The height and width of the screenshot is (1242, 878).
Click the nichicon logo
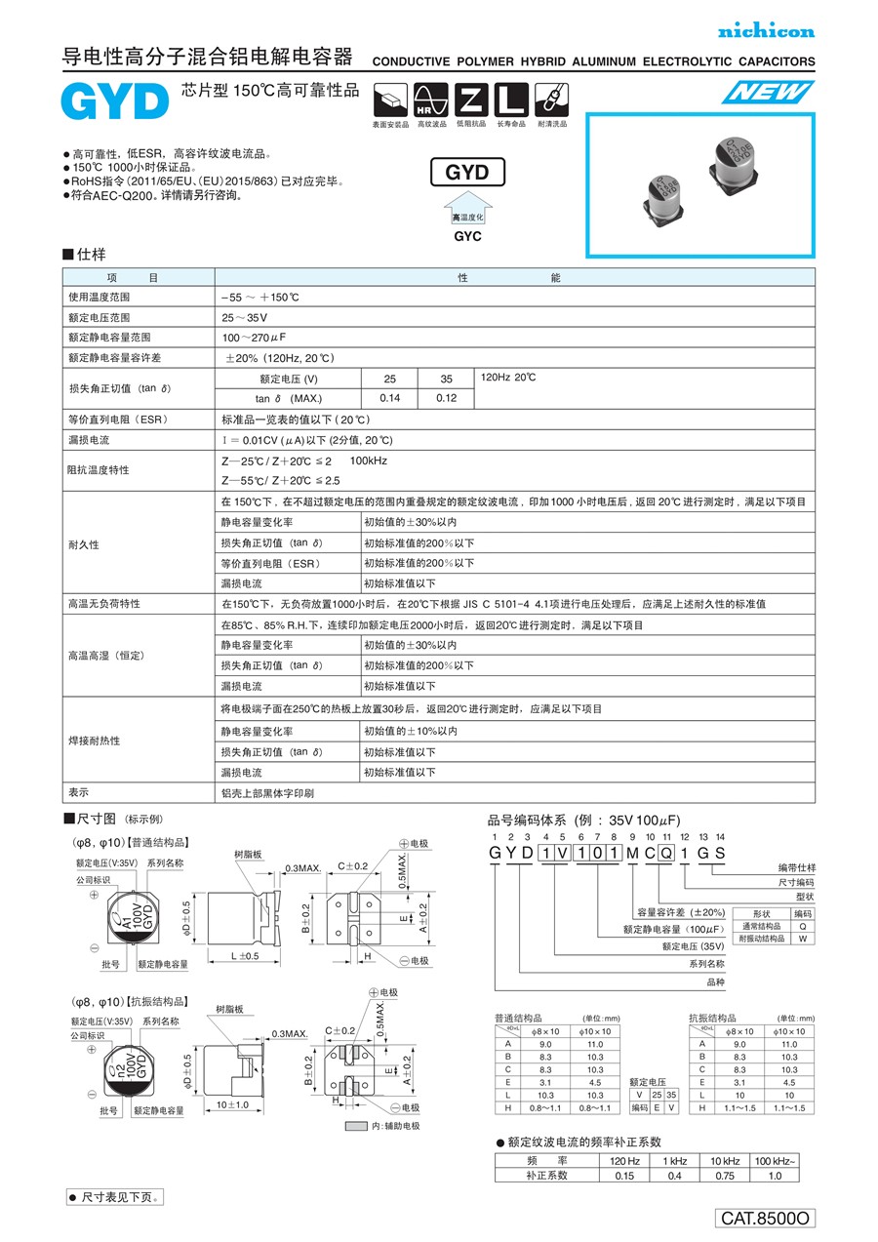766,32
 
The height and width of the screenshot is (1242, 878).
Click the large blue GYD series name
114,101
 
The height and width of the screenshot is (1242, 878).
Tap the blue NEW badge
769,93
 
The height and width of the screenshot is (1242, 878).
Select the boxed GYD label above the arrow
467,173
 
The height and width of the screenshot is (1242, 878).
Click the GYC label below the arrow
467,236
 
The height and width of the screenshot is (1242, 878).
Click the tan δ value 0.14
389,398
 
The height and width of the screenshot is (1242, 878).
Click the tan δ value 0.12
446,398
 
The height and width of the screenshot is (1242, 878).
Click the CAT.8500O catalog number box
766,1218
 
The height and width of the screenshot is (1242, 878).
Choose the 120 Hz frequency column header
624,1160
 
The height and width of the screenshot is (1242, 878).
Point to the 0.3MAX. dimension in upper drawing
302,867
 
